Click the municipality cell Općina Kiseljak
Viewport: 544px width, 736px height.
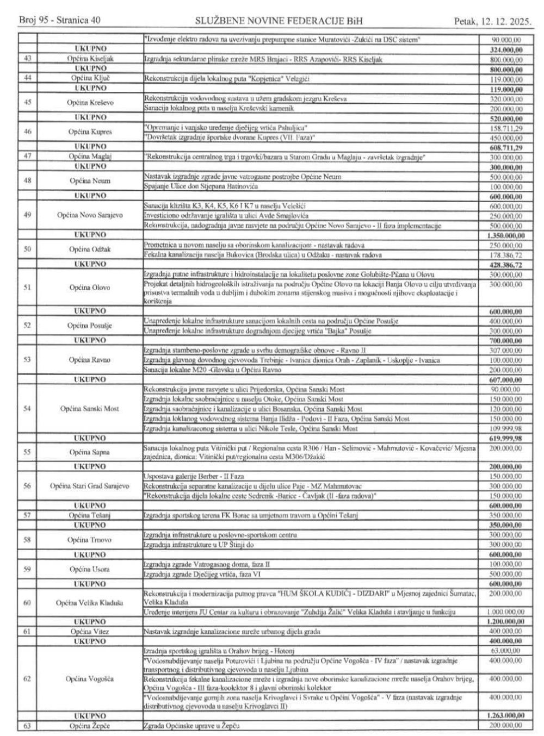pyautogui.click(x=89, y=59)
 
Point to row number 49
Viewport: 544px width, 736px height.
pyautogui.click(x=27, y=215)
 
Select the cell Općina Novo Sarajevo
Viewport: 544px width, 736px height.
pyautogui.click(x=89, y=215)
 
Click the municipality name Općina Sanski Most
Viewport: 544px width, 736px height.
pyautogui.click(x=89, y=409)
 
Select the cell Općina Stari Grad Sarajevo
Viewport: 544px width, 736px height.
pyautogui.click(x=89, y=486)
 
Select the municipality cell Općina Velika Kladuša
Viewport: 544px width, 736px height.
pyautogui.click(x=89, y=602)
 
